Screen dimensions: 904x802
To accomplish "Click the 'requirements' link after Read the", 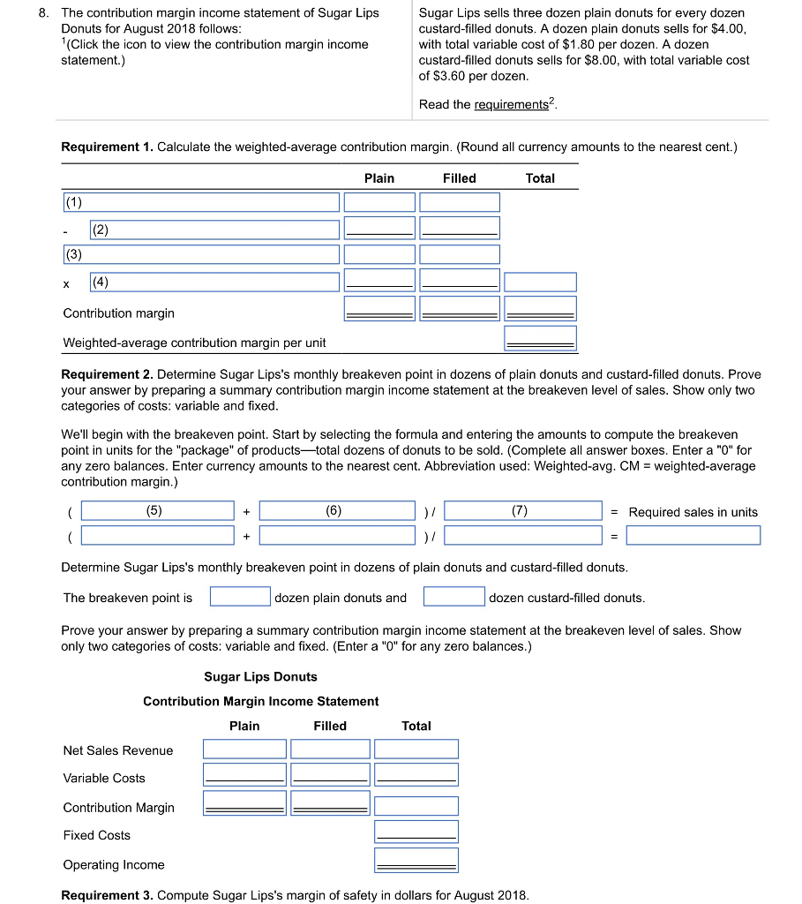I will click(x=511, y=105).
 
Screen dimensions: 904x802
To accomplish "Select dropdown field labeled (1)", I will click(x=200, y=202).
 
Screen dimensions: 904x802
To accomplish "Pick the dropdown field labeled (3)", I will click(x=200, y=254).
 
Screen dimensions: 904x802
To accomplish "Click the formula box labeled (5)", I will click(x=157, y=510).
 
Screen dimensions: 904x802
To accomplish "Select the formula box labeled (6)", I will click(x=336, y=510).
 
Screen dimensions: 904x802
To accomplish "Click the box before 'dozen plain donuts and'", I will click(x=240, y=597).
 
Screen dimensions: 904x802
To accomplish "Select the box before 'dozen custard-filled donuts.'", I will click(x=453, y=597).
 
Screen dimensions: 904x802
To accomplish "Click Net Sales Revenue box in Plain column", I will click(x=244, y=749).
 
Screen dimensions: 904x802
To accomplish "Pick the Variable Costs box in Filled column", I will click(x=330, y=774).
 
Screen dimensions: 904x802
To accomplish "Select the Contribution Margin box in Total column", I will click(x=416, y=805).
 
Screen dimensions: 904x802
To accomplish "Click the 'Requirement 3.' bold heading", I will click(x=107, y=895).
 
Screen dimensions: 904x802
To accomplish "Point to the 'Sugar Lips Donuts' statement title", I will click(x=260, y=677).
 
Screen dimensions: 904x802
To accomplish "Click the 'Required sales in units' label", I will click(x=693, y=512).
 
